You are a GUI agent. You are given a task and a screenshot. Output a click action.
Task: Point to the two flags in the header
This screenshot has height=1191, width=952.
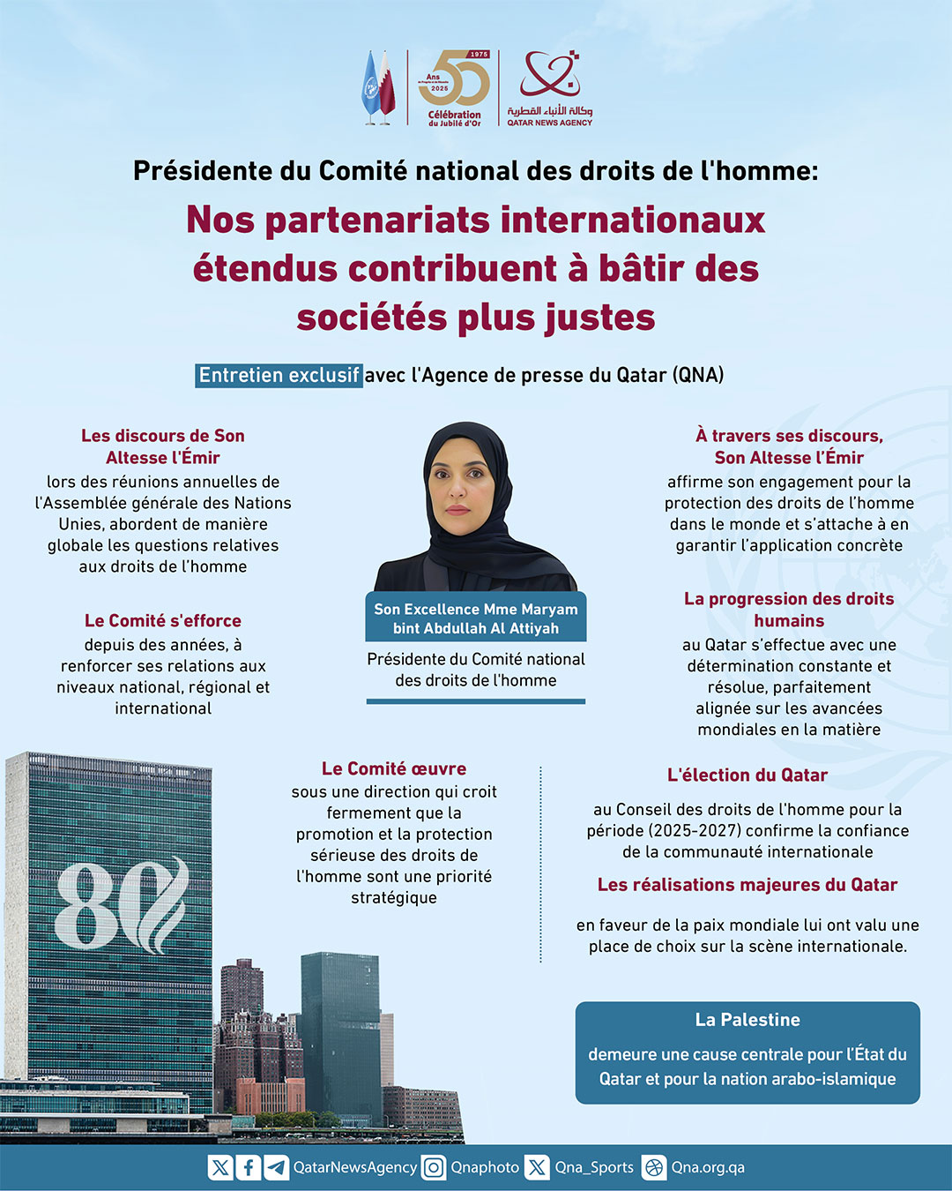tap(379, 87)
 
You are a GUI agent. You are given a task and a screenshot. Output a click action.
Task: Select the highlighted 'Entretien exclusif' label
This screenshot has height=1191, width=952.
tap(279, 375)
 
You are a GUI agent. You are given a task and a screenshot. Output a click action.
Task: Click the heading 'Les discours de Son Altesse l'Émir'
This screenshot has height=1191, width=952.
tap(163, 446)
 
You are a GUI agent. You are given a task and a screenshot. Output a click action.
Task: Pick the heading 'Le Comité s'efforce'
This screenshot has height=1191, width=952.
tap(163, 620)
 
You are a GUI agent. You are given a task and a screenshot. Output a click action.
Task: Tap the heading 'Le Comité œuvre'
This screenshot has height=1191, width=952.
tap(394, 768)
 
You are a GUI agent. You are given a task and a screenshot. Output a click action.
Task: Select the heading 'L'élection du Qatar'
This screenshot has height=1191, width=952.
tap(747, 775)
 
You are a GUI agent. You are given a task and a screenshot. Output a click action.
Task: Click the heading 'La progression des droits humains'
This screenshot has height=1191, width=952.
tap(789, 610)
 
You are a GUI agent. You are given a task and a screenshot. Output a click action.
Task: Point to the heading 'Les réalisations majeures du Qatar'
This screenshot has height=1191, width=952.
tap(747, 884)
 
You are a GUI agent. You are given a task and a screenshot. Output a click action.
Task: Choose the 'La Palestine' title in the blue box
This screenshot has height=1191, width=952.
tap(747, 1019)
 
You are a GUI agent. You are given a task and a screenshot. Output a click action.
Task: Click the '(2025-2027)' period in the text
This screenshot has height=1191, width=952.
tap(650, 830)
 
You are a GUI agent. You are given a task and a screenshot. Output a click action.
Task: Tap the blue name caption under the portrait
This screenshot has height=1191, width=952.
tap(476, 618)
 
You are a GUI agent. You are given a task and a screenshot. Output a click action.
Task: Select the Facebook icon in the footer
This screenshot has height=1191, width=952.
tap(249, 1167)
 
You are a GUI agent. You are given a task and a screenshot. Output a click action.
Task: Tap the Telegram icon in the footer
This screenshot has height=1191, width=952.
tap(276, 1167)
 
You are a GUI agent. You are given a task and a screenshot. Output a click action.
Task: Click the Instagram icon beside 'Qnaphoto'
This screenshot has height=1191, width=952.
tap(434, 1167)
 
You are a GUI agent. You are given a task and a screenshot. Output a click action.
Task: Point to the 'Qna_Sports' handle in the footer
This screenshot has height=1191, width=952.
tap(594, 1167)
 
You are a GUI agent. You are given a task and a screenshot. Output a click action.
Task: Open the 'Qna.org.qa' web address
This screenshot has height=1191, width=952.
tap(708, 1167)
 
